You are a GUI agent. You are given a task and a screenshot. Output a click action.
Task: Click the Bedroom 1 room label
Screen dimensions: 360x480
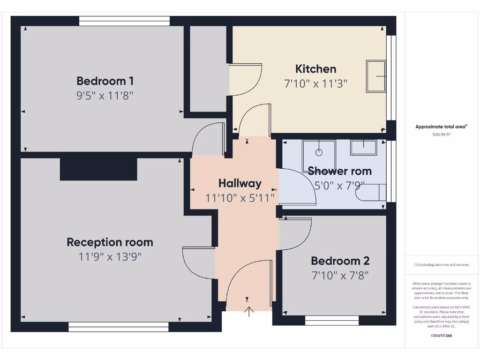[105, 81]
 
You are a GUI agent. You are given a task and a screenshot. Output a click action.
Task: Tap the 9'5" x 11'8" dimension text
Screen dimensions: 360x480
[105, 96]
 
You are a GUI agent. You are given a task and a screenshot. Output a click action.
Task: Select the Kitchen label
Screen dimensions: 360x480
[315, 69]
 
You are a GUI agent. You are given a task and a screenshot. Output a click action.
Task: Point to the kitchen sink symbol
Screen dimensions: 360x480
[375, 76]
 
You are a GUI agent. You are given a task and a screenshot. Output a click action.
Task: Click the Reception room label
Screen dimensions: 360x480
[110, 242]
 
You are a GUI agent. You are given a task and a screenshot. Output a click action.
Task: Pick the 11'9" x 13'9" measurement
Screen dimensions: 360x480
[110, 257]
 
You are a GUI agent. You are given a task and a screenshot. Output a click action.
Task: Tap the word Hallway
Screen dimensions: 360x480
[240, 183]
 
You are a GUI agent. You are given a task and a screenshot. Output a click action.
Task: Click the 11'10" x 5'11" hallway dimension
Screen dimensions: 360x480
[240, 198]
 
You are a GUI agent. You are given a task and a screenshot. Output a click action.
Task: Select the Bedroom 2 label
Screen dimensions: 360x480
[340, 261]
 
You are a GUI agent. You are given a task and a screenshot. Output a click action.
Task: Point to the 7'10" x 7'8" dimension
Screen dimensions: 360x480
[340, 275]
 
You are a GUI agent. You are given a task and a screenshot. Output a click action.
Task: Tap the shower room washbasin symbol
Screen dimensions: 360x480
[363, 148]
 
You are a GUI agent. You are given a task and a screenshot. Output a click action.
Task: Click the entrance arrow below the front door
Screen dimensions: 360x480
[248, 311]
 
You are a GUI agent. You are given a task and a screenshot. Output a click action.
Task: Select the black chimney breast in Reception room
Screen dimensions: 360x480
[98, 169]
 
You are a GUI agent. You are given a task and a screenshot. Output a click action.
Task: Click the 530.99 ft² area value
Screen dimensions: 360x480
[441, 135]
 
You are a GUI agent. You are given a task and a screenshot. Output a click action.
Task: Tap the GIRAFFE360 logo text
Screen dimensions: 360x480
[441, 336]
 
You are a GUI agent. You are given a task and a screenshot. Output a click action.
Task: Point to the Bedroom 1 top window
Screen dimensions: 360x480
[124, 21]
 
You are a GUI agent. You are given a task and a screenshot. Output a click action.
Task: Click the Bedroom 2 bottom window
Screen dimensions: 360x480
[332, 321]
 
